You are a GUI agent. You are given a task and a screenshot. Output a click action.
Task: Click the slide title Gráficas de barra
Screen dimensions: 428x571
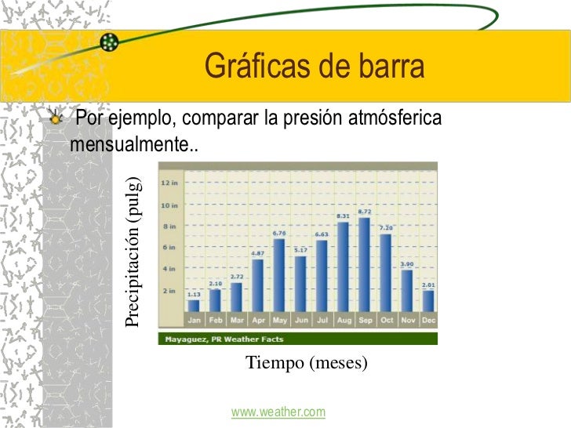[315, 68]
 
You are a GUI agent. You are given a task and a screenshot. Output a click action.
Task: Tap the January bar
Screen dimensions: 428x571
[193, 305]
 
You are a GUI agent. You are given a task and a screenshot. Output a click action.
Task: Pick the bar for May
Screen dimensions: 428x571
[278, 275]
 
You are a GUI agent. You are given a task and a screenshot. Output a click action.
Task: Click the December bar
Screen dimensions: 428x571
[427, 300]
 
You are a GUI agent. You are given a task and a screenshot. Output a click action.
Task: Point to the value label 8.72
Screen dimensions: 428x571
[364, 212]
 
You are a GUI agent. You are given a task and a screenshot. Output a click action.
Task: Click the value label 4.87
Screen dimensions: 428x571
[257, 253]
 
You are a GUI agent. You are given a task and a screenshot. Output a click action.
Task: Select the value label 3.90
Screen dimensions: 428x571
[407, 264]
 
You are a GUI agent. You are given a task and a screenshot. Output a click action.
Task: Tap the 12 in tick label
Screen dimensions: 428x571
[169, 183]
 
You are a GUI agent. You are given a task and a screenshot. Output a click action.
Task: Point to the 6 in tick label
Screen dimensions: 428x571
[169, 248]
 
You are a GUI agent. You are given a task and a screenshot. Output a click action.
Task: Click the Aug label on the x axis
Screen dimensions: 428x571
[343, 320]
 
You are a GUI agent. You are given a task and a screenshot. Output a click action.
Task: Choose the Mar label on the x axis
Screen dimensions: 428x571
[236, 320]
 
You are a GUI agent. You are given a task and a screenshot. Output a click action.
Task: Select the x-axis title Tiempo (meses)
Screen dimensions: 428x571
[306, 363]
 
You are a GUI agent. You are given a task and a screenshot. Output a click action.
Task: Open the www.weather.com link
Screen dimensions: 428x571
[278, 412]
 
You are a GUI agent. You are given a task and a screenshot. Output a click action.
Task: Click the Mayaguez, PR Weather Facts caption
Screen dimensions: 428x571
[224, 339]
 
